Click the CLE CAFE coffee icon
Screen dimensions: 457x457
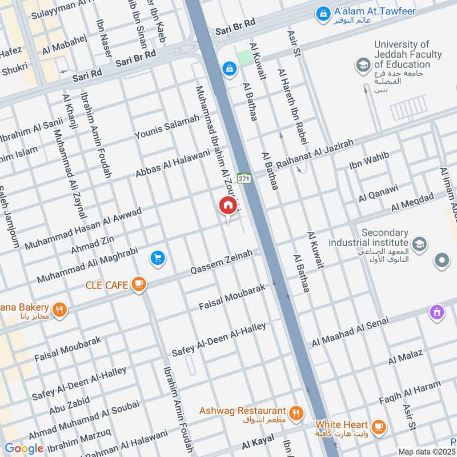point(138,283)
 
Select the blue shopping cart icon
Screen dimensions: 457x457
point(158,259)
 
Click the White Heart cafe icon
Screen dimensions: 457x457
point(378,426)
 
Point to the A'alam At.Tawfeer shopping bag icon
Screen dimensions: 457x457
point(323,12)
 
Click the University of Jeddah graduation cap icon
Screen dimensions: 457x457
point(362,66)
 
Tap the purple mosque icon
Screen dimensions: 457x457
point(437,312)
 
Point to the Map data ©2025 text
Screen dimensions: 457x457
point(426,451)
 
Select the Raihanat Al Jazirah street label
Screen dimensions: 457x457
point(315,153)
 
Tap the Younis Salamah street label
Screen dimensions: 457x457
point(167,126)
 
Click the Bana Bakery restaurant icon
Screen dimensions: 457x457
point(60,310)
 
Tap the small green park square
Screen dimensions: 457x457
point(244,57)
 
